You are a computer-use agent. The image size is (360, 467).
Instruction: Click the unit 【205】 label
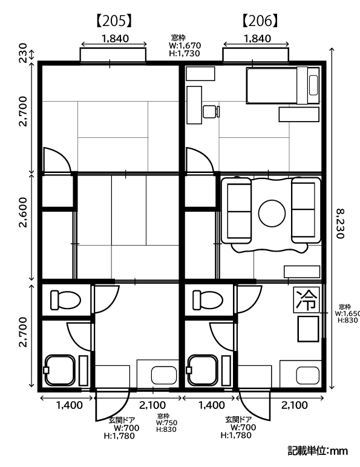tap(114, 21)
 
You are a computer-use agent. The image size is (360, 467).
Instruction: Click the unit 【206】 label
tap(260, 21)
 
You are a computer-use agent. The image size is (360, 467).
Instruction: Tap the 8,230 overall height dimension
tap(340, 223)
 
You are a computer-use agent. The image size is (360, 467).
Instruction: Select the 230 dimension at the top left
tap(23, 53)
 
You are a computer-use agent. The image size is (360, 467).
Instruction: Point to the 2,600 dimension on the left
tap(23, 212)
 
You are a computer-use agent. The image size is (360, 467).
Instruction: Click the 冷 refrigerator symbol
tap(306, 300)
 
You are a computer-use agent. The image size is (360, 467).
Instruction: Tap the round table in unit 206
tap(272, 213)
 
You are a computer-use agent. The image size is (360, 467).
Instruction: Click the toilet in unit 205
tap(65, 300)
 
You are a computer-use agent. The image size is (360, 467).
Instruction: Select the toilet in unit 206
tap(208, 300)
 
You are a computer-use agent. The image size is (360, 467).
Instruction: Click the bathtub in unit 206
tap(202, 370)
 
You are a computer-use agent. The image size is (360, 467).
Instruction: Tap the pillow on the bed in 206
tap(313, 85)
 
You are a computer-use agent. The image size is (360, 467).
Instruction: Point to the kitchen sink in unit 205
tap(163, 376)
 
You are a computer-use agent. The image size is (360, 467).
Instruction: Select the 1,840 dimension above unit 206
tap(258, 39)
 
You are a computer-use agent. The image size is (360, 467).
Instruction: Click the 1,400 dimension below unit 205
tap(70, 405)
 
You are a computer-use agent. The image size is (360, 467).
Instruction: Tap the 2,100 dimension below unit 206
tap(295, 405)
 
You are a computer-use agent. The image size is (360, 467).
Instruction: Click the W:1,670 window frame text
tap(185, 45)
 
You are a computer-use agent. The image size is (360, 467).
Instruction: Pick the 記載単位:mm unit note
tap(318, 451)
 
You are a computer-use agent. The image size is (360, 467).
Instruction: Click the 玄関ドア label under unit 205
tap(122, 420)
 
